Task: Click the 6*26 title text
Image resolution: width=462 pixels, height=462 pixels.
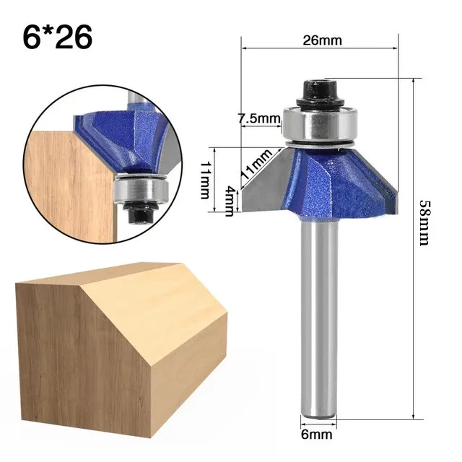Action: pos(58,38)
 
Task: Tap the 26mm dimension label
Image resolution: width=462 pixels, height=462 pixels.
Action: pos(323,40)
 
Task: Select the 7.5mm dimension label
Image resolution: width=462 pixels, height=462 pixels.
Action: pos(258,118)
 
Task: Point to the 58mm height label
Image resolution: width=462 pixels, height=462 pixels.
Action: pos(425,223)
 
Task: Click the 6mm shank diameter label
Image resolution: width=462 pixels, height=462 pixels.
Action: pos(316,435)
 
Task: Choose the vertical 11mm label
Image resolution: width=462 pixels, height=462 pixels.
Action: pos(206,180)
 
